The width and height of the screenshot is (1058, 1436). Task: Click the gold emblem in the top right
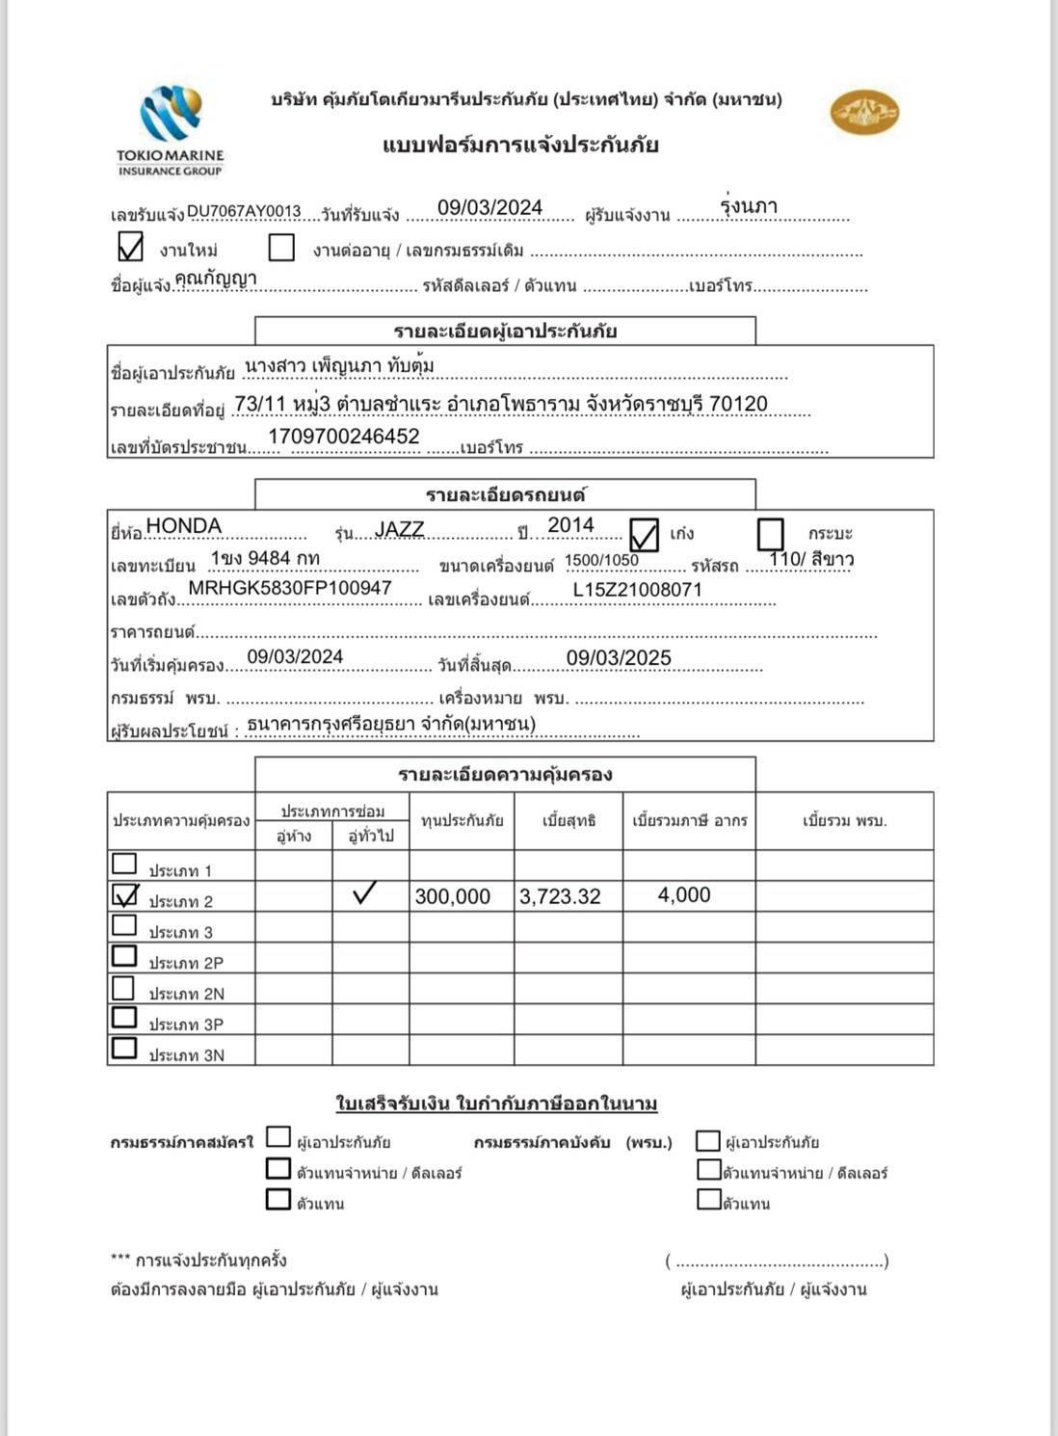[864, 113]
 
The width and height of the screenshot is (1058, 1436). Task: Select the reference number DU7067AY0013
[244, 211]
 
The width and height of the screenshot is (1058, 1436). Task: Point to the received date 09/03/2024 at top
[489, 207]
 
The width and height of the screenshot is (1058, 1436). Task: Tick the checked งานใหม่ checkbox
[130, 247]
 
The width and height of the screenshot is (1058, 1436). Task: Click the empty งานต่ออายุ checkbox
[281, 248]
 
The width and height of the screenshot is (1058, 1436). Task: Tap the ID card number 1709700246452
[344, 437]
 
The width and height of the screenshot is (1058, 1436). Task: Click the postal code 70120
[738, 404]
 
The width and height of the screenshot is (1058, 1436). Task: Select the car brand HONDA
[184, 525]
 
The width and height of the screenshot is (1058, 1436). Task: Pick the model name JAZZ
[400, 529]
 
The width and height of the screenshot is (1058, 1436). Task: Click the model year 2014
[570, 525]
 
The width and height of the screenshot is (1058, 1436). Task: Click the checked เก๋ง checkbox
[644, 534]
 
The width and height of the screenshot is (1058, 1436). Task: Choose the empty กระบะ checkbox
[771, 533]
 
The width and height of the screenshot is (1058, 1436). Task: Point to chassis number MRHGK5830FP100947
[289, 588]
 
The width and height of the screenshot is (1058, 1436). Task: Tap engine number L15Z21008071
[637, 590]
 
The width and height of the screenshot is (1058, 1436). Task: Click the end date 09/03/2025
[619, 657]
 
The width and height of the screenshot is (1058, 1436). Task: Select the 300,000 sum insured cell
[453, 896]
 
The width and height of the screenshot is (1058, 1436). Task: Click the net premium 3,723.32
[560, 896]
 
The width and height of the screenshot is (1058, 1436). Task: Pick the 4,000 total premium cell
[684, 895]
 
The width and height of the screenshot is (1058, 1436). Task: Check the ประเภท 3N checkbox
[124, 1048]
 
